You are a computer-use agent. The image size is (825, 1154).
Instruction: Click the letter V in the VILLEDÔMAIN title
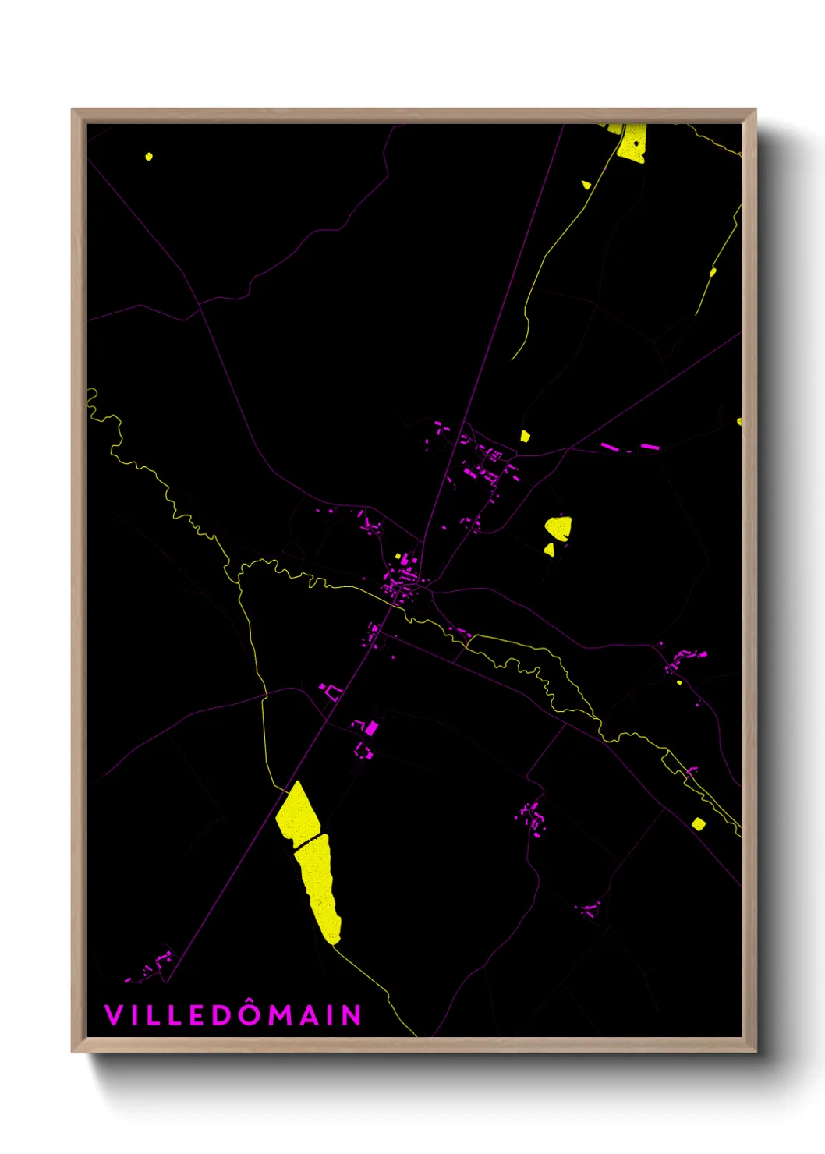pyautogui.click(x=112, y=1015)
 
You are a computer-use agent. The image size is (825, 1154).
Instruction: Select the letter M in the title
pyautogui.click(x=280, y=1015)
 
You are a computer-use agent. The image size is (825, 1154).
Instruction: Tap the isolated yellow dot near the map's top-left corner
pyautogui.click(x=149, y=157)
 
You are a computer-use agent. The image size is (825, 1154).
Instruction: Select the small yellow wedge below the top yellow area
pyautogui.click(x=586, y=185)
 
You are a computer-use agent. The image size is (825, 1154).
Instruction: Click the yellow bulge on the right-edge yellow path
pyautogui.click(x=713, y=271)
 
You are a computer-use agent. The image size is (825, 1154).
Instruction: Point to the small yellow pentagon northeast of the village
pyautogui.click(x=525, y=436)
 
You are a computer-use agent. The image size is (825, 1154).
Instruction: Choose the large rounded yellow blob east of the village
pyautogui.click(x=558, y=528)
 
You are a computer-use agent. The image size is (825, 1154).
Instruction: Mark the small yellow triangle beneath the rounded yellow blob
pyautogui.click(x=550, y=550)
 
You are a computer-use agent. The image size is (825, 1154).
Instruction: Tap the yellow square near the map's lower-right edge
pyautogui.click(x=699, y=823)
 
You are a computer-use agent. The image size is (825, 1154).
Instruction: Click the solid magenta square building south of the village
pyautogui.click(x=372, y=728)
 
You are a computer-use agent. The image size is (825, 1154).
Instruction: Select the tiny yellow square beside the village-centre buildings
pyautogui.click(x=398, y=557)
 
